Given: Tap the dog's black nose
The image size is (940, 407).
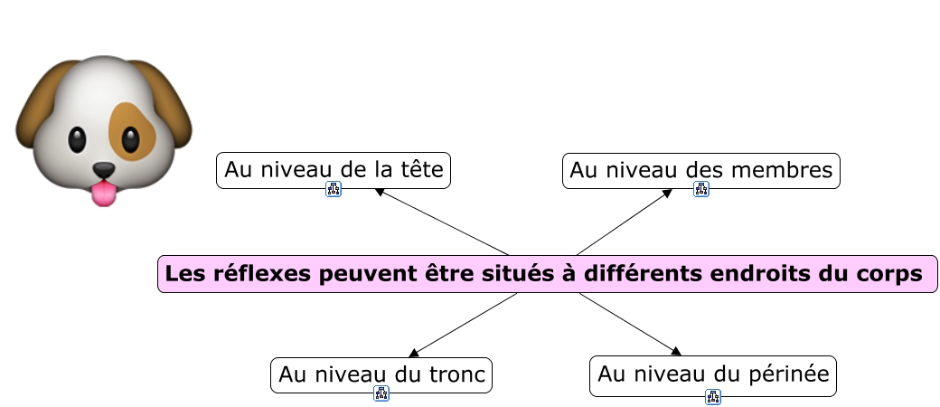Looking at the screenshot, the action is (105, 170).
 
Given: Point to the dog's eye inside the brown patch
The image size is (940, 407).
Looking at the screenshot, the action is (132, 139).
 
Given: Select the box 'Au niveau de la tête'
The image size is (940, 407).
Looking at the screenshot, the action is (333, 170).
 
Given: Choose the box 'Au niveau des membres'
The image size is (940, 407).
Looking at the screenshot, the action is (701, 170).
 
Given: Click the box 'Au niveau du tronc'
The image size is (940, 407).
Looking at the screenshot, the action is (381, 374).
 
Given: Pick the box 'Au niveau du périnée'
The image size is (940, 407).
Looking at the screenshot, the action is (712, 374).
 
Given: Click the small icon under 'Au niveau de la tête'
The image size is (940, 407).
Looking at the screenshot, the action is (334, 189).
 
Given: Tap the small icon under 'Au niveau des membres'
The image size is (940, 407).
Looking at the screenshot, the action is (701, 189).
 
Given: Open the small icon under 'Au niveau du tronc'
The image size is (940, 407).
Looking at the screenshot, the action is (381, 393).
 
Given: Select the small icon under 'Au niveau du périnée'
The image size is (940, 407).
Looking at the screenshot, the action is (713, 396).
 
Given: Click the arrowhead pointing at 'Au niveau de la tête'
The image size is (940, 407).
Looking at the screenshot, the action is (381, 192).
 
